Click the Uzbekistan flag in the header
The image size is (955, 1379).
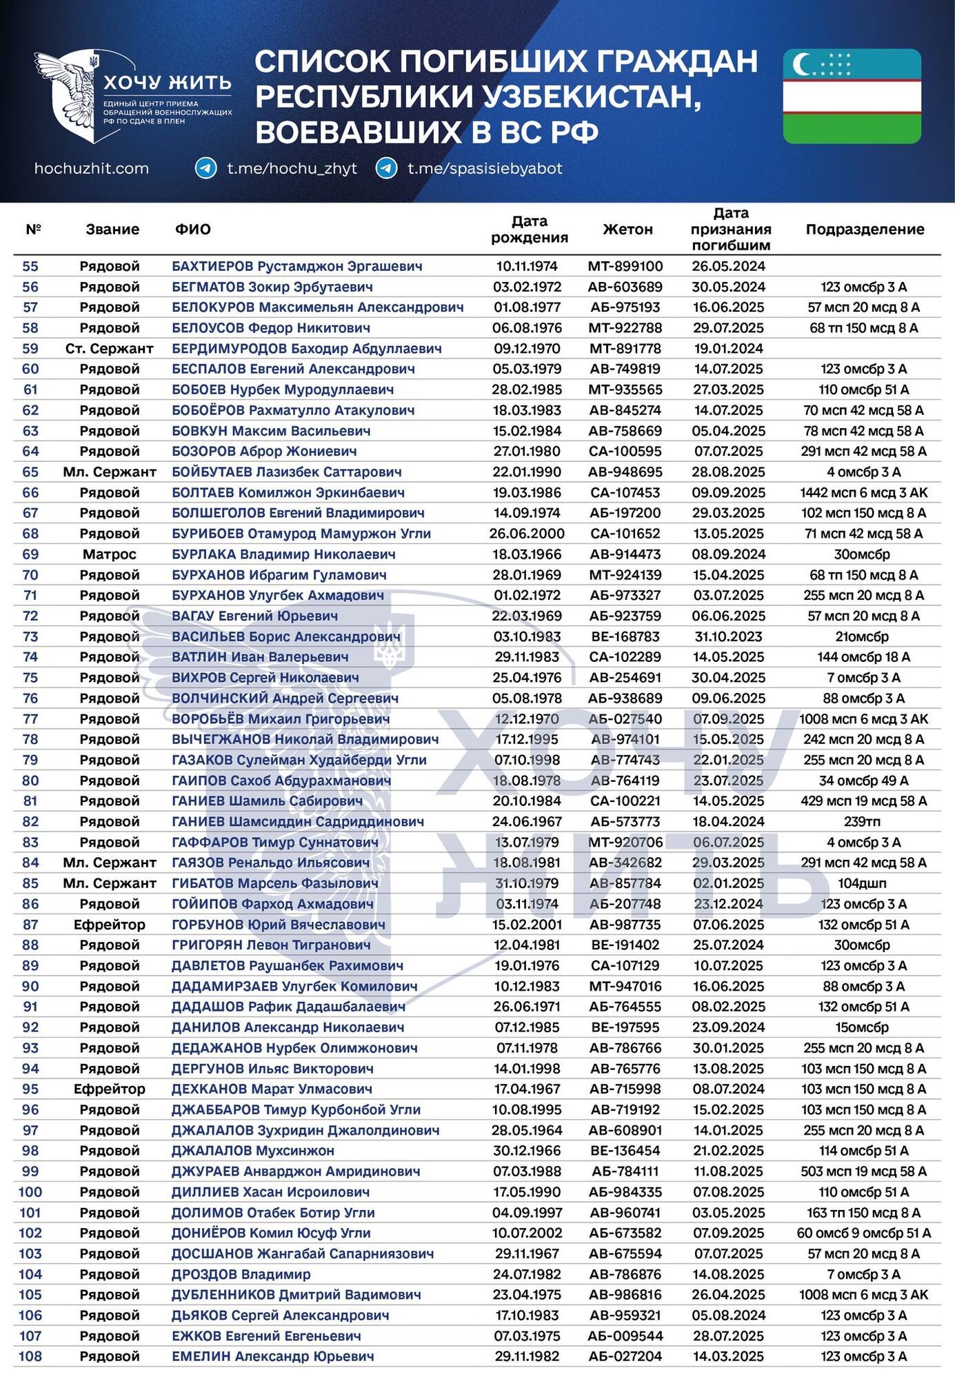click(852, 96)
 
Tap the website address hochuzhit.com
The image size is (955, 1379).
click(91, 168)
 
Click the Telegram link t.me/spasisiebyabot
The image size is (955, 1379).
click(484, 168)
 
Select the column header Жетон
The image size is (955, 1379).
click(627, 230)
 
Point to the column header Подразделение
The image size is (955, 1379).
click(865, 230)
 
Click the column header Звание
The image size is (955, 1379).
click(112, 230)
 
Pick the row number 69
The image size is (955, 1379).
click(30, 554)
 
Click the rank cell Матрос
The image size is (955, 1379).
click(109, 554)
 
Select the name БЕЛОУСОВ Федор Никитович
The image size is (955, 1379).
click(271, 328)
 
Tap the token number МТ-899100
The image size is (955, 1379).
click(625, 266)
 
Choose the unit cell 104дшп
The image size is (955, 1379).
click(863, 883)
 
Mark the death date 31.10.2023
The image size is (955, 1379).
click(729, 636)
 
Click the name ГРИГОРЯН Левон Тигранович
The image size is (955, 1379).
click(271, 945)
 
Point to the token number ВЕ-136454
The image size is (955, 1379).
click(625, 1151)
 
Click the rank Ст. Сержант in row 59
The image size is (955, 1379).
click(109, 349)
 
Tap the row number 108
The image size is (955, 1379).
click(30, 1356)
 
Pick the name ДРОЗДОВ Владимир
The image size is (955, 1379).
click(241, 1274)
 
